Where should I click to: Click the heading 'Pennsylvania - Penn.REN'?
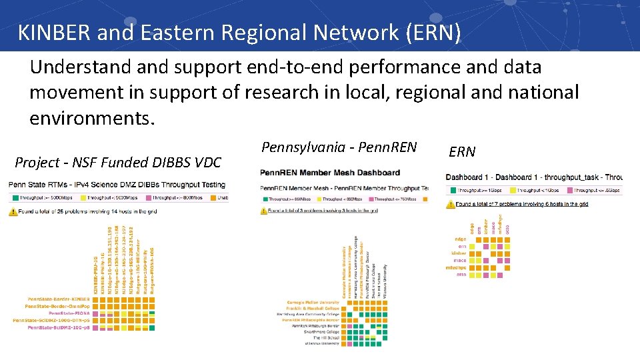click(x=339, y=147)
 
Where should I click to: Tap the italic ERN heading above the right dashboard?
click(x=462, y=151)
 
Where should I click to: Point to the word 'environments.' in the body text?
click(x=92, y=118)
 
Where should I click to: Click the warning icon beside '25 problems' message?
click(x=13, y=211)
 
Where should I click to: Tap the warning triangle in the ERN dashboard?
click(x=450, y=203)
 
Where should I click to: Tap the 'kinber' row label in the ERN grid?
click(x=459, y=253)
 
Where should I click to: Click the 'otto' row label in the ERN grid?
click(x=461, y=274)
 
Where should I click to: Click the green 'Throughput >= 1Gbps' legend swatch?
click(x=452, y=191)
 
